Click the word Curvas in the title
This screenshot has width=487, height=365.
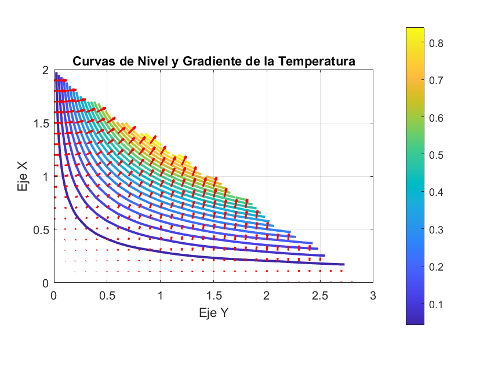[x=91, y=61]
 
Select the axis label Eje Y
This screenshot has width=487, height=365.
[x=213, y=313]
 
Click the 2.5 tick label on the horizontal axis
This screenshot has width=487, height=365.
[x=320, y=296]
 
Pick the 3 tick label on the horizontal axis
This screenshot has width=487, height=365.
[x=373, y=296]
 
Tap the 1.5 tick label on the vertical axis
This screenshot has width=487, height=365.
[x=42, y=123]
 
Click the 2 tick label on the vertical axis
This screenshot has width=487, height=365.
[x=46, y=70]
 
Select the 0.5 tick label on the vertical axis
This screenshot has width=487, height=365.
[x=42, y=229]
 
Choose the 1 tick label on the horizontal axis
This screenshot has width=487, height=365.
[x=160, y=296]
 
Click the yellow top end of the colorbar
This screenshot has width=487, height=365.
[x=415, y=30]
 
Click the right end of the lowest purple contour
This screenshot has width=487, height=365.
[x=343, y=264]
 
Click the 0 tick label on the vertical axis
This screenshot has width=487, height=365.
[x=46, y=283]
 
